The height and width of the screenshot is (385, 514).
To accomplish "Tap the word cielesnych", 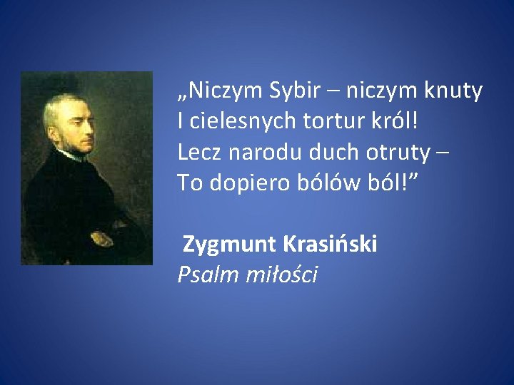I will coord(230,122).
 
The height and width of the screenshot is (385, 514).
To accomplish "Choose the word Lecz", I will coord(198,152).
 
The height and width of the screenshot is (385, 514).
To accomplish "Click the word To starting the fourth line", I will coord(190,183).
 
